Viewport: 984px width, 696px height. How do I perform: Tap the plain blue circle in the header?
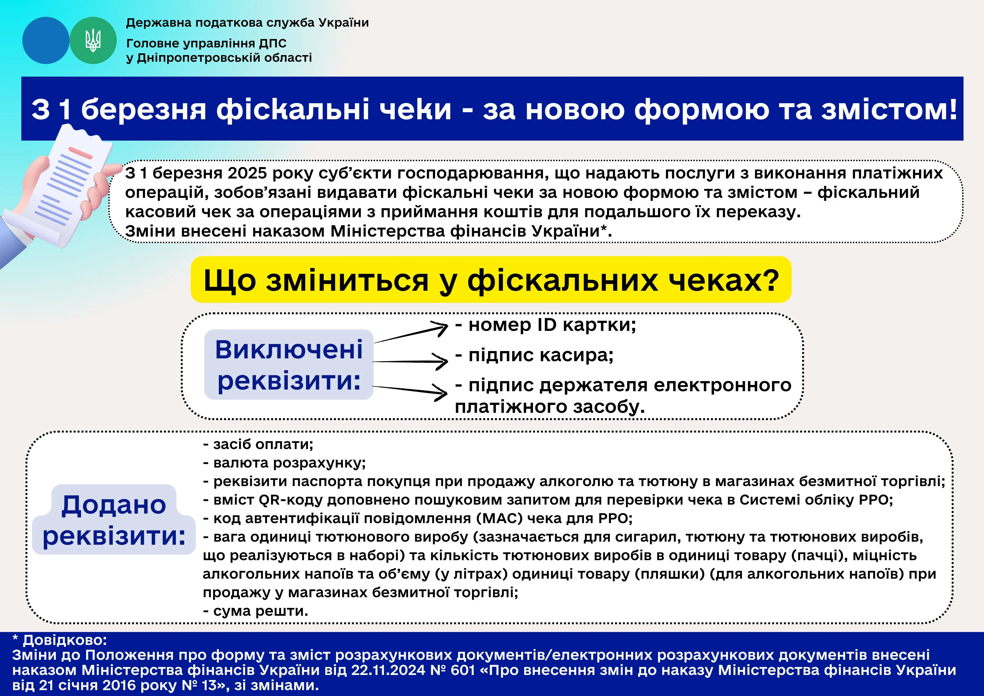[x=46, y=40]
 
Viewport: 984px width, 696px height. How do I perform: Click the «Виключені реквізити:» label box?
[x=289, y=365]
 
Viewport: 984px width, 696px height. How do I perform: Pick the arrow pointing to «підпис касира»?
[x=410, y=361]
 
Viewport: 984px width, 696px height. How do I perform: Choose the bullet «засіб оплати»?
[x=258, y=444]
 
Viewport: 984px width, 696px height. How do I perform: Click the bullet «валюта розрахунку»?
[x=284, y=463]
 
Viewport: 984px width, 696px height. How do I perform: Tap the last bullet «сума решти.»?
[x=256, y=611]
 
